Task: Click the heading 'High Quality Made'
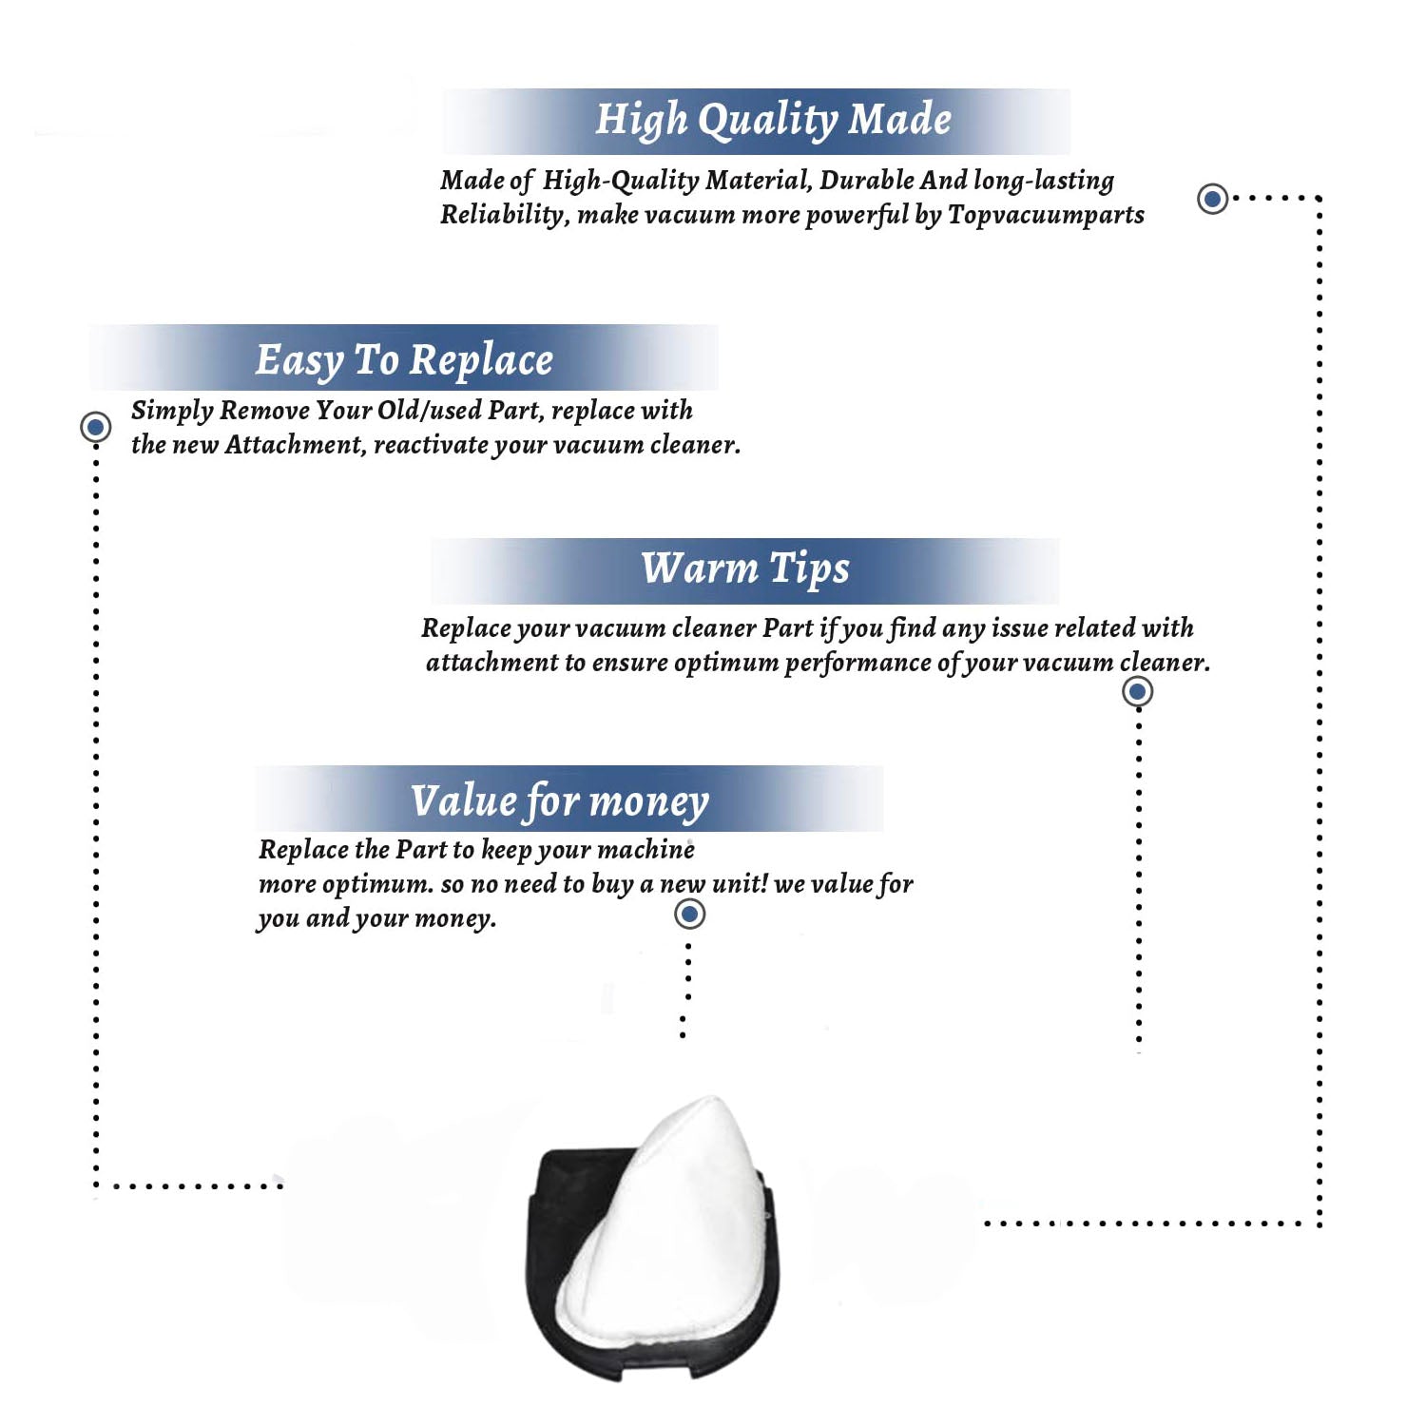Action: point(773,121)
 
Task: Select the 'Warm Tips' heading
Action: point(744,569)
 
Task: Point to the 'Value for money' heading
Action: point(560,801)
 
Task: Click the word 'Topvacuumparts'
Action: point(1046,216)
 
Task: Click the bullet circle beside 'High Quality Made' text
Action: point(1212,199)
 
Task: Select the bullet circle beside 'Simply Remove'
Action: point(95,427)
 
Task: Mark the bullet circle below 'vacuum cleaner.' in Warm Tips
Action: point(1137,691)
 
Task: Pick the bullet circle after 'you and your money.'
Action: point(689,914)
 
